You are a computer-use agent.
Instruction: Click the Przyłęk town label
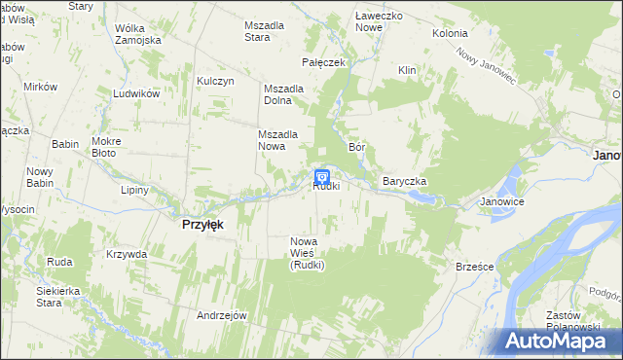tap(202, 224)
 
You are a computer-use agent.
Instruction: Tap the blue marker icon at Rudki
tap(322, 177)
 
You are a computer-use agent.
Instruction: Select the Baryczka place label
tap(405, 182)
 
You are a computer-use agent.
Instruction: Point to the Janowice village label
tap(502, 202)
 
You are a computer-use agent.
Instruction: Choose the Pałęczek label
tap(324, 62)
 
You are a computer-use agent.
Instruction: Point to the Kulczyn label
tap(215, 82)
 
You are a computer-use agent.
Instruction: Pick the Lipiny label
tap(134, 190)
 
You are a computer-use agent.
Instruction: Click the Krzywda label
tap(127, 254)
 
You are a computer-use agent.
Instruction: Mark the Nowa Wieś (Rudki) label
tap(307, 252)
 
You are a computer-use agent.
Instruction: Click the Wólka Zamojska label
tap(136, 35)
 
